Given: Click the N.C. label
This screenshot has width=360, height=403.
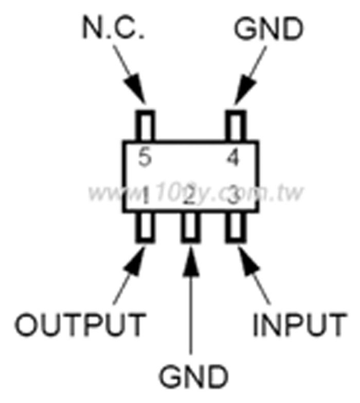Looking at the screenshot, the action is pos(113,28).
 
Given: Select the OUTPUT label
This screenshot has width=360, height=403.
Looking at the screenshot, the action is pos(80,324).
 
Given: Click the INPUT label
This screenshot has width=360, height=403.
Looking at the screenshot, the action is pos(299,324).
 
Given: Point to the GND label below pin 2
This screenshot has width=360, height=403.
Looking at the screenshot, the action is pos(193,376).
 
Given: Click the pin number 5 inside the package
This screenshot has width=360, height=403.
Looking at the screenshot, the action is pos(145,157).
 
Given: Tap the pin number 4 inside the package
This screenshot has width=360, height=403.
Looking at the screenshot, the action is pos(233,157).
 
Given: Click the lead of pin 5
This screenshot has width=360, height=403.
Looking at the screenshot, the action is pos(145,126).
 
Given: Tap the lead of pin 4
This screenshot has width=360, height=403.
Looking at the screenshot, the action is pos(236,126).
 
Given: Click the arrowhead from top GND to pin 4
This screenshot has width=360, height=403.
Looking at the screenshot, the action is pos(244,89).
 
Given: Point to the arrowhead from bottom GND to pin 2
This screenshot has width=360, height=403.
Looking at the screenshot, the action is pos(191,262).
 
